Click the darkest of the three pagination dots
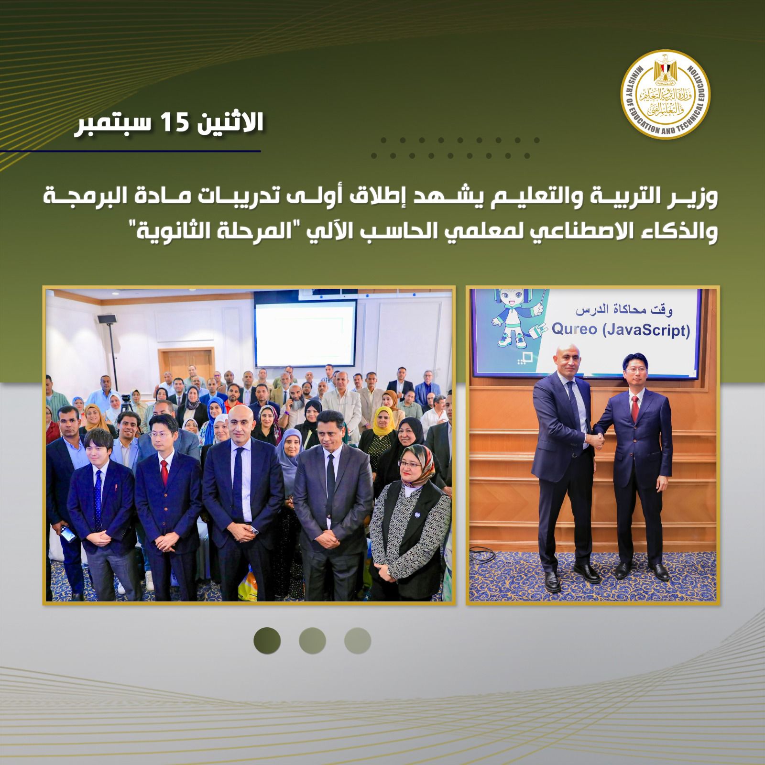[x=267, y=641]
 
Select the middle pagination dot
[x=312, y=641]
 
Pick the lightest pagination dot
[x=358, y=641]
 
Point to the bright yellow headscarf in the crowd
[x=381, y=425]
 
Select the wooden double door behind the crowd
[x=187, y=366]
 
